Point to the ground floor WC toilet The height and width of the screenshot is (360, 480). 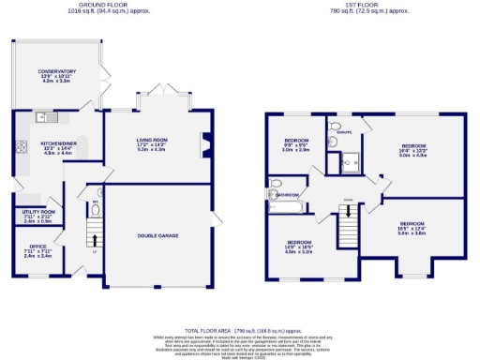pos(96,207)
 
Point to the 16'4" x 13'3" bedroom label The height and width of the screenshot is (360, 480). pos(413,150)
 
